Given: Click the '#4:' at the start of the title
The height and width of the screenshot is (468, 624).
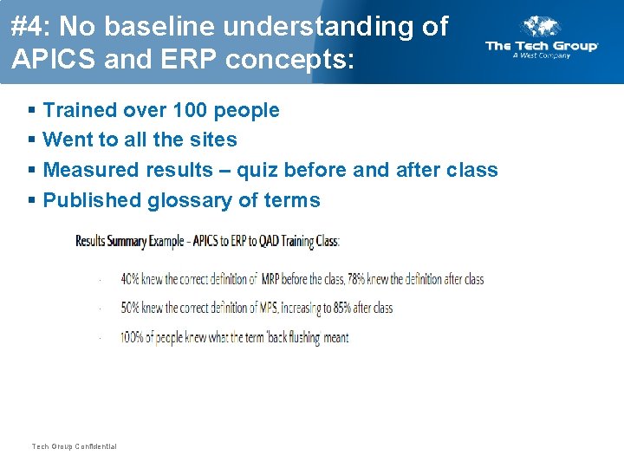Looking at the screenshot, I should coord(28,26).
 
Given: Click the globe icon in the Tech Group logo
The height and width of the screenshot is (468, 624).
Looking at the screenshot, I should coord(543,27).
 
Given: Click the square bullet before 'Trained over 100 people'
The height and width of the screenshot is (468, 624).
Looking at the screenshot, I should coord(32,110).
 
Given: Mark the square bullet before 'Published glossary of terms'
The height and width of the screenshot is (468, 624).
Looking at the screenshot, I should coord(32,200).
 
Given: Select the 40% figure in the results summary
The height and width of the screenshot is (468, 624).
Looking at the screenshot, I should coord(130,279).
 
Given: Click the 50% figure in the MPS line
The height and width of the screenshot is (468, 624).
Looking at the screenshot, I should coord(130,308).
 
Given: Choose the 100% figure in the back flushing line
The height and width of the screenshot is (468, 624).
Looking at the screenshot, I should coord(133,337).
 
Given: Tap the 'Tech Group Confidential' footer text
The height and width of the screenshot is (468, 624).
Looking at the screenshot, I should coord(74,446).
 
